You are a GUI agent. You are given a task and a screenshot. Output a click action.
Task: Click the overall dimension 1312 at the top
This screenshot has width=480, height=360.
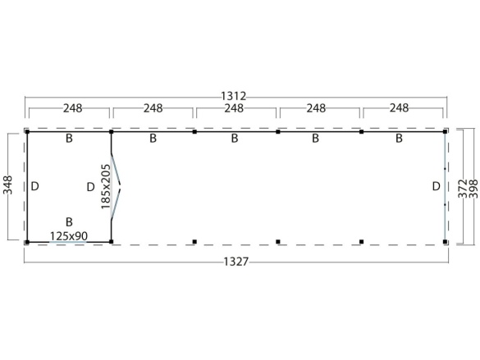(234, 96)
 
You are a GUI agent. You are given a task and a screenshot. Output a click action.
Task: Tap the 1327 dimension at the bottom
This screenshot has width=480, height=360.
(236, 262)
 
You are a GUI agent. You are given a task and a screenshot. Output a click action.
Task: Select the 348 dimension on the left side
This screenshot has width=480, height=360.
(7, 185)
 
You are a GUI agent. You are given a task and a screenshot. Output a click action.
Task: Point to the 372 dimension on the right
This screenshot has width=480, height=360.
(463, 189)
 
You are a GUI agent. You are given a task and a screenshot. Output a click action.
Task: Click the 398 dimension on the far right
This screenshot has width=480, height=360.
(473, 189)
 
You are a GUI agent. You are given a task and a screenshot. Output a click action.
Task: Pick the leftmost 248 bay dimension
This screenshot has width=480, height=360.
(73, 108)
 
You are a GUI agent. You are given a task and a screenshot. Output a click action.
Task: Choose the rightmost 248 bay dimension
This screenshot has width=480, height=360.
(400, 108)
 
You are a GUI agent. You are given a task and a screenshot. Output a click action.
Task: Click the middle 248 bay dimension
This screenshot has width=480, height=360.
(234, 108)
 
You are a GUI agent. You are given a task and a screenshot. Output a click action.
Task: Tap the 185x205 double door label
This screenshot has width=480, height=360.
(106, 187)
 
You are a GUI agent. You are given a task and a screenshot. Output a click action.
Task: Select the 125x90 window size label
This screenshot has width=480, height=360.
(69, 236)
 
